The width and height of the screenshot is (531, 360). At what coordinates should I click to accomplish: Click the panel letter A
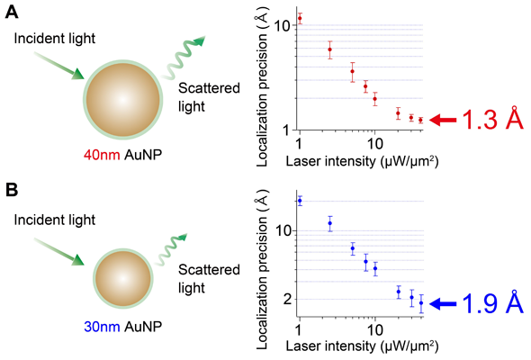point(10,10)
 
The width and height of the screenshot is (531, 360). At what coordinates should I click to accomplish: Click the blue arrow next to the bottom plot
point(443,304)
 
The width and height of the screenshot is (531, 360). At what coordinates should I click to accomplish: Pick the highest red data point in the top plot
point(300,18)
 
